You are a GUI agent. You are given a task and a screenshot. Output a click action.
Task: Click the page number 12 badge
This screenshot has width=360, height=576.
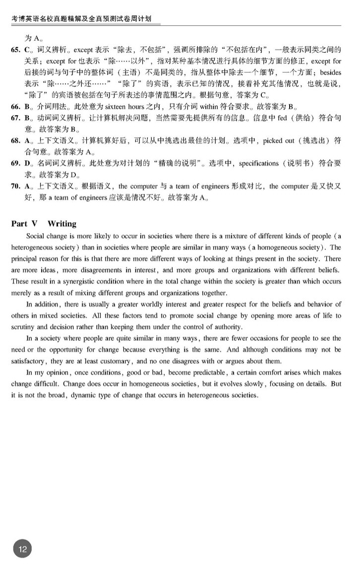[x=23, y=549]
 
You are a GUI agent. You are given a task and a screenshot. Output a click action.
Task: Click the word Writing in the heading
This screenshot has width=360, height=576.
[x=62, y=224]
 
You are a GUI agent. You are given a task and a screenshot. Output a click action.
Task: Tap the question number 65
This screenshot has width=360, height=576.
[x=15, y=50]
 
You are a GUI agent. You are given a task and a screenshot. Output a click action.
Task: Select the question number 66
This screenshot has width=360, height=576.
[x=15, y=106]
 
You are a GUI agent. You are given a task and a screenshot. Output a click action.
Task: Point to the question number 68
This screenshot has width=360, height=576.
[x=15, y=140]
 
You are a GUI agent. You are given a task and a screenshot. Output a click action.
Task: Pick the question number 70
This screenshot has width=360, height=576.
[x=15, y=186]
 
